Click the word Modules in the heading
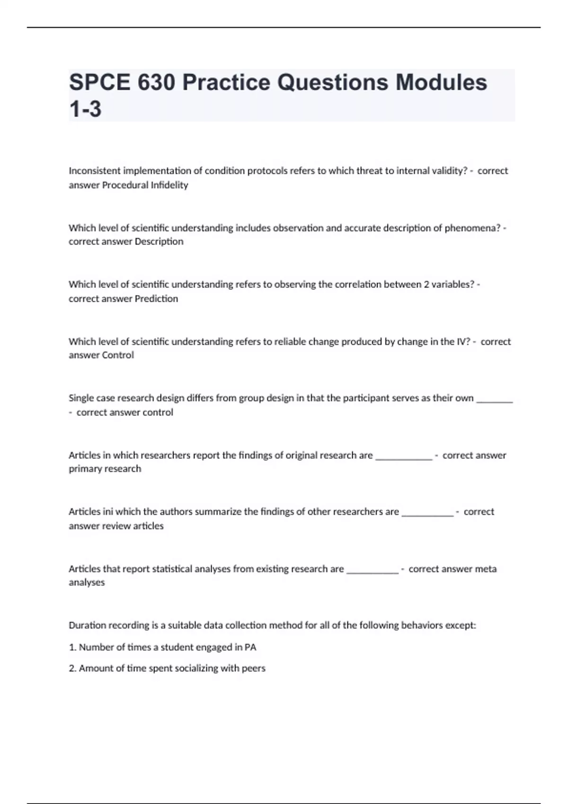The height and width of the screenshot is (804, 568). click(441, 83)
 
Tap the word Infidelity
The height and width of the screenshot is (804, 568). click(169, 185)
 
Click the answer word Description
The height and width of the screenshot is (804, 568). click(159, 242)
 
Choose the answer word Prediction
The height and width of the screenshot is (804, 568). click(156, 298)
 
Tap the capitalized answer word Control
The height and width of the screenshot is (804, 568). click(118, 355)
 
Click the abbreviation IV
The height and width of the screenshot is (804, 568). click(462, 341)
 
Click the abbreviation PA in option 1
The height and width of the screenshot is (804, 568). click(250, 647)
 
